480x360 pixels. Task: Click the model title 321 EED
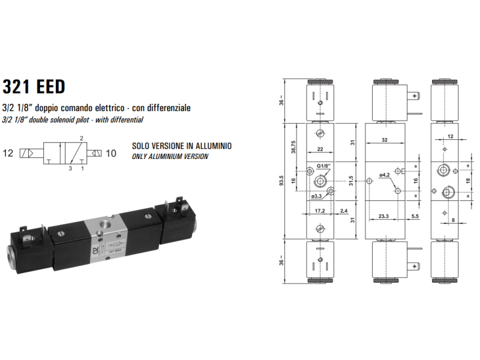[34, 86]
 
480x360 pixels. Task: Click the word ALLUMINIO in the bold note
[207, 146]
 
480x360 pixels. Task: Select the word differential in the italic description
[124, 120]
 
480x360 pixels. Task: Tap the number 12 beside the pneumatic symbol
[8, 154]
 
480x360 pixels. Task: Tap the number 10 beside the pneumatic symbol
[112, 154]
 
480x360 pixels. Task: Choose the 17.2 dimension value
[319, 211]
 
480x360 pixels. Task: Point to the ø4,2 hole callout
[385, 175]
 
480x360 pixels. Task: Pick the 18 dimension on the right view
[469, 181]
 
